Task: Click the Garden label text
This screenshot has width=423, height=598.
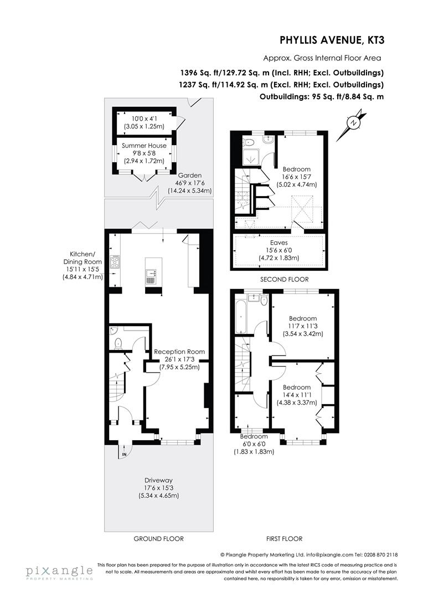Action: click(x=189, y=176)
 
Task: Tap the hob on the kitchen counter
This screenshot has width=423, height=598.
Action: click(x=115, y=261)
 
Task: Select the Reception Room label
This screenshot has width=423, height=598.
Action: click(x=179, y=351)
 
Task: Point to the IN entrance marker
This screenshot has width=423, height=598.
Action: click(x=125, y=455)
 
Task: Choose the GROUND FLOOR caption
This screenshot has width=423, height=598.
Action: click(x=158, y=538)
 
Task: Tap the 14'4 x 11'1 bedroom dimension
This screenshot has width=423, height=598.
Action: click(x=297, y=395)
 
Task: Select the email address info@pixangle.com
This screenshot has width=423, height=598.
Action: click(x=323, y=554)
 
